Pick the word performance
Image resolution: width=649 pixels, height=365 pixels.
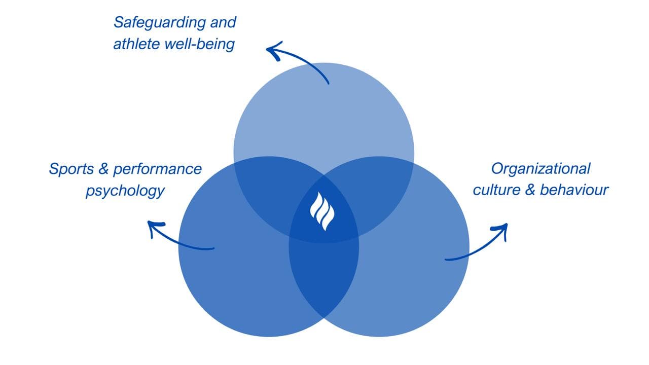(157, 169)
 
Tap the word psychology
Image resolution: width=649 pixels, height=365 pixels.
(125, 191)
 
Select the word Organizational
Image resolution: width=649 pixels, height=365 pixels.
(541, 168)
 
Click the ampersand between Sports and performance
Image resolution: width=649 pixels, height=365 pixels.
(103, 169)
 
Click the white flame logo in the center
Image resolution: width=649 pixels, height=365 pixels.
(323, 211)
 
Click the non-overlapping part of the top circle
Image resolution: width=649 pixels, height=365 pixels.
(323, 117)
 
